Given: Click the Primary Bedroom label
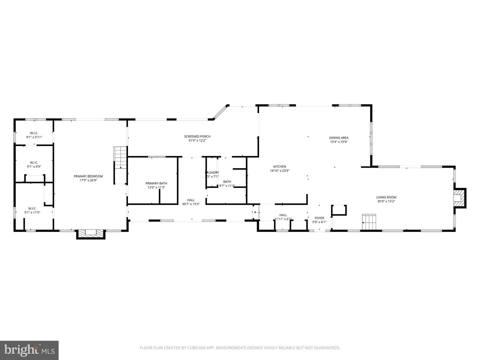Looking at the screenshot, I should pyautogui.click(x=88, y=176).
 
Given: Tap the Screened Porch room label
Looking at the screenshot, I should pyautogui.click(x=197, y=136).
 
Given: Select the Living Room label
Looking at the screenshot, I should pyautogui.click(x=386, y=197).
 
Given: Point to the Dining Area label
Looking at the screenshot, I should pyautogui.click(x=339, y=138).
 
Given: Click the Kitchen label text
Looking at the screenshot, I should pyautogui.click(x=280, y=167).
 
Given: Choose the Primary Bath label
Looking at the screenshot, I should pyautogui.click(x=156, y=183).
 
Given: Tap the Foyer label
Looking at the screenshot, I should pyautogui.click(x=319, y=218).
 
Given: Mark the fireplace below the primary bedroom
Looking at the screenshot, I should pyautogui.click(x=91, y=233).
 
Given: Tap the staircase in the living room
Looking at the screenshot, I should pyautogui.click(x=369, y=222).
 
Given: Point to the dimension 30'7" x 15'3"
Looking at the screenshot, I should pyautogui.click(x=191, y=204).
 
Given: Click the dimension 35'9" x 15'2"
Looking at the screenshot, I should pyautogui.click(x=386, y=201).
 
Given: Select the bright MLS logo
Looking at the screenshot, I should pyautogui.click(x=29, y=350).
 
